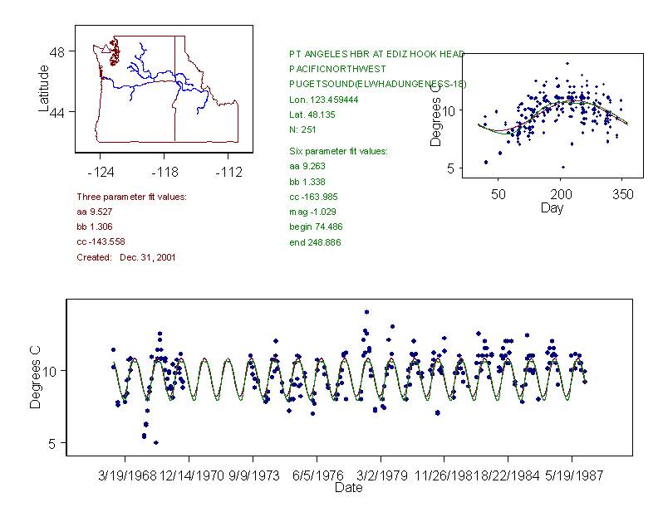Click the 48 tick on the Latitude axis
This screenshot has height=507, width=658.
pos(57,51)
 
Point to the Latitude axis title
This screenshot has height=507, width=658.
pos(43,88)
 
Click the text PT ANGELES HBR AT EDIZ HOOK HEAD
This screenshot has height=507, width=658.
pos(376,53)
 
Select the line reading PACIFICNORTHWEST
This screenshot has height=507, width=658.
pos(337,69)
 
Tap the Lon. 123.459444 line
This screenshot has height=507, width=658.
pos(324,100)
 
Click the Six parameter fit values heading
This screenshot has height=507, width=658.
pos(332,151)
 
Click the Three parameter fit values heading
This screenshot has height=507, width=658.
pos(131,197)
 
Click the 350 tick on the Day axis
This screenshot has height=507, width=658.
pos(623,194)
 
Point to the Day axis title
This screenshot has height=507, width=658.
pos(552,208)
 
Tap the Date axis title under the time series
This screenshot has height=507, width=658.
pos(348,489)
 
